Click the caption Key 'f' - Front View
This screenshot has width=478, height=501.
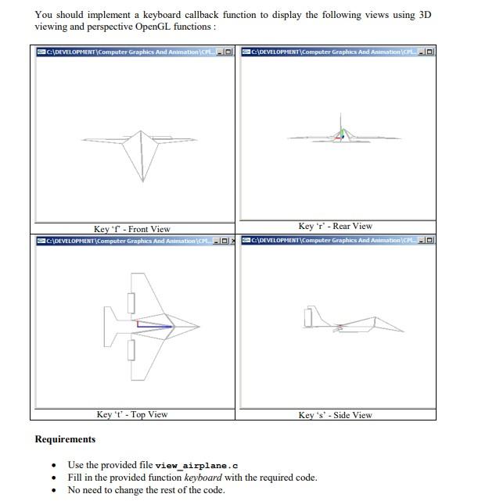[x=131, y=229]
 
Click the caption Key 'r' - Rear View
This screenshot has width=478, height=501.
[x=335, y=226]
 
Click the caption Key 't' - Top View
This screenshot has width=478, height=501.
[x=131, y=414]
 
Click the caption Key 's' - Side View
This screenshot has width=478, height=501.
[x=335, y=415]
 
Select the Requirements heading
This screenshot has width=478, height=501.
[x=65, y=439]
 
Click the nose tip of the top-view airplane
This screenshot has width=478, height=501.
[x=199, y=326]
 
